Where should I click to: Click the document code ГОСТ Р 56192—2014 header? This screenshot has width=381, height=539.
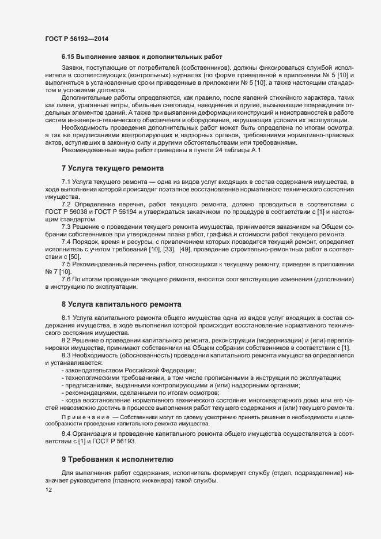(x=76, y=39)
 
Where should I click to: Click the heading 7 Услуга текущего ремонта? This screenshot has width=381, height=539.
(x=112, y=168)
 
